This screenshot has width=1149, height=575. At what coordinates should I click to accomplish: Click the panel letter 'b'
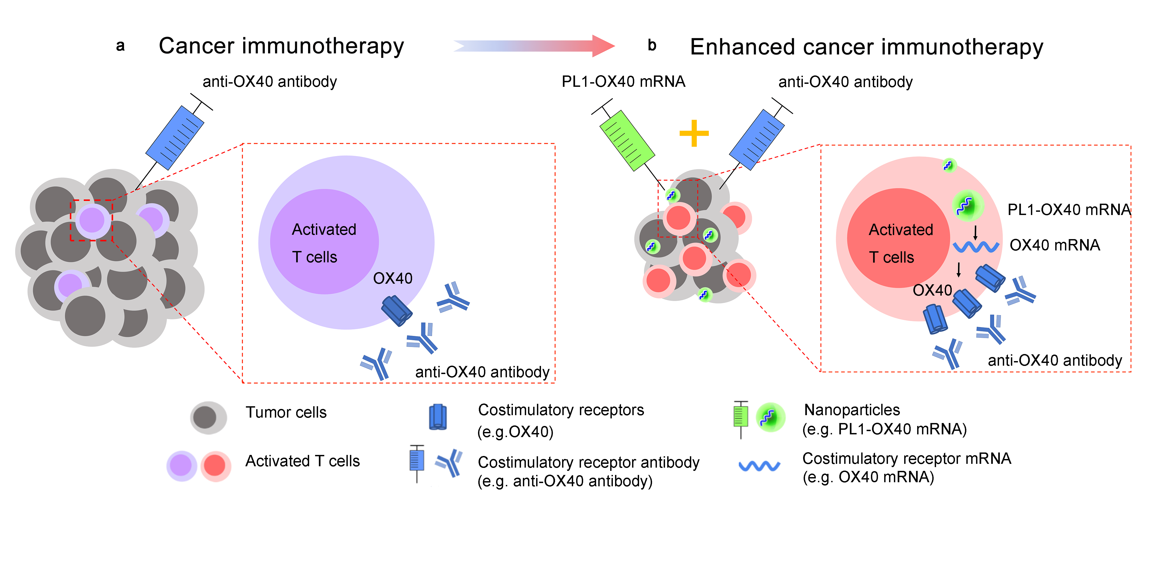pyautogui.click(x=652, y=45)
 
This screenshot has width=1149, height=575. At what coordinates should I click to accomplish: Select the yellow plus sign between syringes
pyautogui.click(x=694, y=133)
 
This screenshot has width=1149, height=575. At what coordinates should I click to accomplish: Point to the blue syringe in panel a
pyautogui.click(x=175, y=137)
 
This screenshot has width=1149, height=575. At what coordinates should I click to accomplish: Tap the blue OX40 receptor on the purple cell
pyautogui.click(x=396, y=310)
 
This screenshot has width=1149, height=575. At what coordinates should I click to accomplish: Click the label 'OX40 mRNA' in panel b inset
pyautogui.click(x=1054, y=245)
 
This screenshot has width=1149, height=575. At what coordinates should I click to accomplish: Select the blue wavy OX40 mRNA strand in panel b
pyautogui.click(x=976, y=246)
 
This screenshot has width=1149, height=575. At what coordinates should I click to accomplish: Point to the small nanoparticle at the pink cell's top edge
pyautogui.click(x=949, y=166)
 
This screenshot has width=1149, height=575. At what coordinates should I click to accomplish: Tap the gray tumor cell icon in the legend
pyautogui.click(x=208, y=417)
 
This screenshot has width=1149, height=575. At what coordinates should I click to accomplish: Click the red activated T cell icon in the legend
pyautogui.click(x=215, y=466)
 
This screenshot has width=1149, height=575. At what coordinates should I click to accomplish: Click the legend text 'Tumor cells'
pyautogui.click(x=286, y=412)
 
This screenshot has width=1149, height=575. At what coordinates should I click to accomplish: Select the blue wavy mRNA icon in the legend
pyautogui.click(x=759, y=466)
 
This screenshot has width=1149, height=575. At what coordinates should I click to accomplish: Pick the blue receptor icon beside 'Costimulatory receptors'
pyautogui.click(x=437, y=417)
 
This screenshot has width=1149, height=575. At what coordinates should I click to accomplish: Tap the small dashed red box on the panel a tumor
pyautogui.click(x=91, y=220)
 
